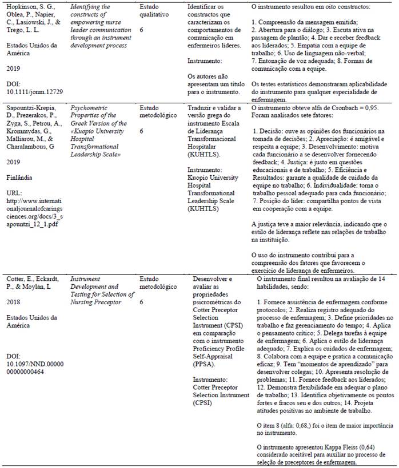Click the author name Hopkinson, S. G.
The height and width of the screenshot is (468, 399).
[26, 6]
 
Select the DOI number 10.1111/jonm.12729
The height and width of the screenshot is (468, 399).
[34, 91]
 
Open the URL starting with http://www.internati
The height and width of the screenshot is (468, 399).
[35, 201]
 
